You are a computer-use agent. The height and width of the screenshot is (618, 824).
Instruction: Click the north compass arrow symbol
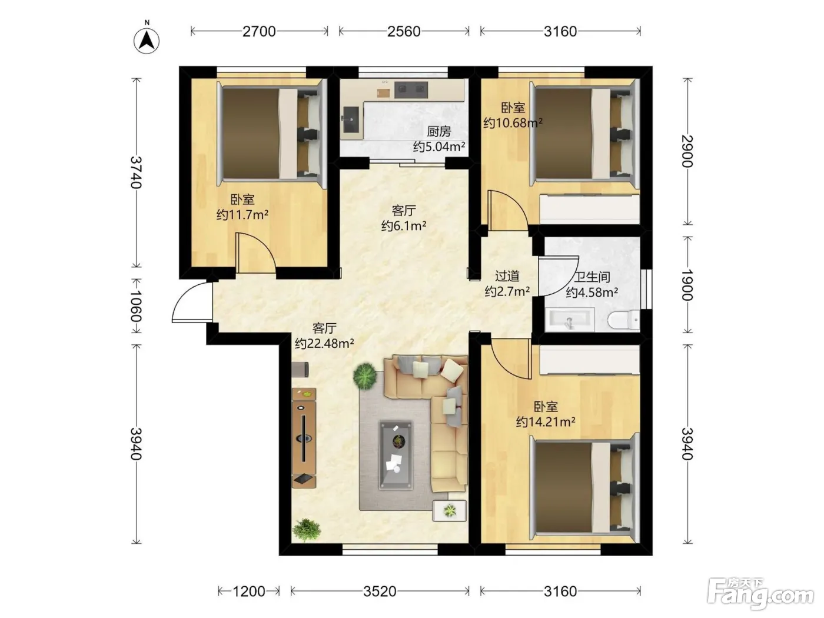click(x=147, y=41)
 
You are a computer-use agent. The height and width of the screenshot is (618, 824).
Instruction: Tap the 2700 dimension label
click(x=259, y=32)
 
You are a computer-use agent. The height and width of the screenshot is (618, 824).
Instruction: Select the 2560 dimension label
click(x=404, y=32)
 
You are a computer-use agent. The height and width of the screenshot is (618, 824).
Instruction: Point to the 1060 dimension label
click(x=136, y=306)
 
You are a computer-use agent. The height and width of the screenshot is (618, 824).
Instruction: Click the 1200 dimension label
click(x=249, y=592)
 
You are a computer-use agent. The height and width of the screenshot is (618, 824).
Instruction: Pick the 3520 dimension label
click(x=380, y=592)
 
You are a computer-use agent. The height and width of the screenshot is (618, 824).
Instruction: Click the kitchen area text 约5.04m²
click(x=439, y=147)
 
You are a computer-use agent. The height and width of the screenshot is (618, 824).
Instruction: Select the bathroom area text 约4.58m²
click(x=592, y=292)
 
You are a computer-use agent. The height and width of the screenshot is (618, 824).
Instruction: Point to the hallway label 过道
click(x=507, y=276)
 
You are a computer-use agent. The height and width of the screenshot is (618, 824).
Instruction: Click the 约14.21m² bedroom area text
click(x=546, y=422)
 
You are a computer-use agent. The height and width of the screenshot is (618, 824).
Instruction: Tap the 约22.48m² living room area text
click(x=324, y=343)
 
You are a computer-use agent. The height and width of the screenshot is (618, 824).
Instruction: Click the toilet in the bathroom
click(x=623, y=320)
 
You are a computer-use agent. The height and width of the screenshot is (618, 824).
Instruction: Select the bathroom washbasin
click(x=570, y=320)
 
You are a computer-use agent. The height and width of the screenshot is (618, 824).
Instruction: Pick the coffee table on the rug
click(x=396, y=455)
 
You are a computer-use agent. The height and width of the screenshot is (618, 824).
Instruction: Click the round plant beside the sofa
click(x=365, y=376)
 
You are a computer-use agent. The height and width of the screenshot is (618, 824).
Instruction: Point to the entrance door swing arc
click(x=190, y=300)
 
